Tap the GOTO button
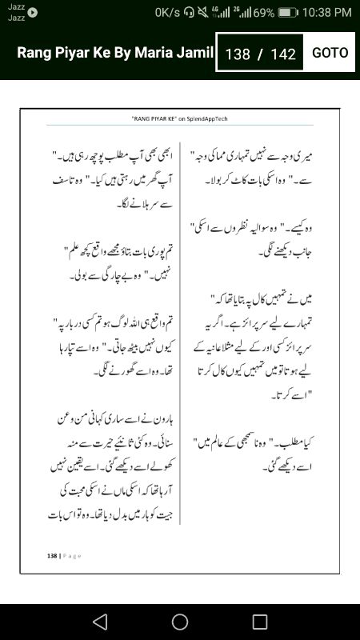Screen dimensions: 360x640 click(330, 53)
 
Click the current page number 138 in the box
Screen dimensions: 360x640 click(238, 54)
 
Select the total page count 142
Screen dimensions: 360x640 click(284, 54)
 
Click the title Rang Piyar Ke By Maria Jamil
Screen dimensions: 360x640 click(115, 53)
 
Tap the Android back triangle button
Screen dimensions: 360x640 click(100, 622)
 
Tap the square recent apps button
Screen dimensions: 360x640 click(260, 622)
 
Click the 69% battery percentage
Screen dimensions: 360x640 click(263, 13)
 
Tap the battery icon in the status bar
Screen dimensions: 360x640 click(289, 13)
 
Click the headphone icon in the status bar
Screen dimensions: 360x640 click(188, 13)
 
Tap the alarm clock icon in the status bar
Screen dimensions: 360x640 click(201, 13)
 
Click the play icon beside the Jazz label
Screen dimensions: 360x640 click(33, 12)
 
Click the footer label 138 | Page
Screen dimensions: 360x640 click(64, 555)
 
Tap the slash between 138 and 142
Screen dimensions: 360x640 click(260, 54)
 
